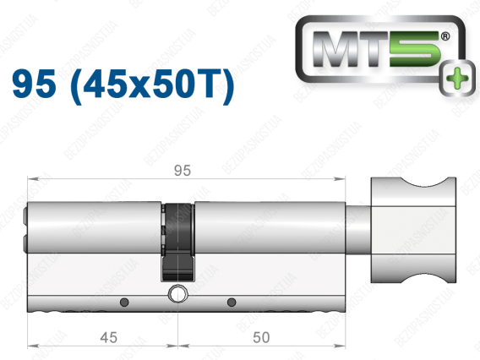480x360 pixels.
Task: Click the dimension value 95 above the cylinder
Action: coord(183,171)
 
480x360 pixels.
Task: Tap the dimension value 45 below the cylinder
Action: coord(109,338)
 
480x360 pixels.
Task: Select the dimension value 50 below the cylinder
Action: coord(261,337)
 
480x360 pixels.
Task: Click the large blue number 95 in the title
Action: coord(35,84)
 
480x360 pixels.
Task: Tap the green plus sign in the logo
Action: coord(457,78)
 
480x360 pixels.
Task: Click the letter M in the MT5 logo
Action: coord(335,49)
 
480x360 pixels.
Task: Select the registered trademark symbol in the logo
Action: coord(445,36)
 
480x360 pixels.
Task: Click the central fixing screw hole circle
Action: coord(177,294)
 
